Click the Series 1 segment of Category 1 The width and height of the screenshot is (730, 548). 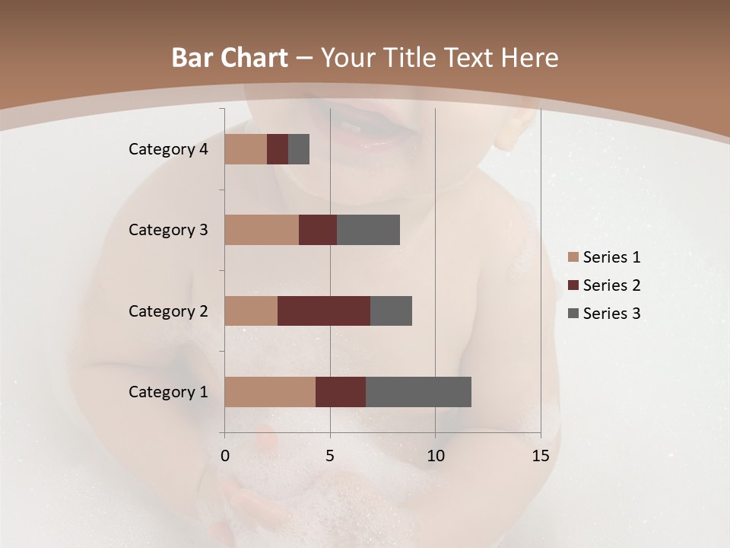tap(270, 392)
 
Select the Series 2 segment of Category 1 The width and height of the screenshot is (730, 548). tap(341, 392)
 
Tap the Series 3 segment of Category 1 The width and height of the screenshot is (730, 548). tap(418, 392)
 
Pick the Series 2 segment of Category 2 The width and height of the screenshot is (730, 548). tap(324, 311)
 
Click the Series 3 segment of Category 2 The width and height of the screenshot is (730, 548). tap(391, 311)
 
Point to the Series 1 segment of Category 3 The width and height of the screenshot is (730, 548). tap(262, 230)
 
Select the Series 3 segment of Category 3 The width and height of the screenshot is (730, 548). tap(368, 230)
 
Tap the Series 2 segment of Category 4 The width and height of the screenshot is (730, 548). tap(278, 149)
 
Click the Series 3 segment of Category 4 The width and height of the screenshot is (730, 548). tap(299, 149)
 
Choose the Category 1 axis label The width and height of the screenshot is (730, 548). tap(167, 392)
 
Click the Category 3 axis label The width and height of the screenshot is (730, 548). tap(167, 230)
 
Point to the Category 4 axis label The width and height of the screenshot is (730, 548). tap(167, 149)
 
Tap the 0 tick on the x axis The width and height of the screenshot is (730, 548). tap(225, 456)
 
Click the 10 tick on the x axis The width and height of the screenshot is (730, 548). tap(435, 456)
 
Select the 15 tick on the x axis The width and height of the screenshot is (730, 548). tap(540, 456)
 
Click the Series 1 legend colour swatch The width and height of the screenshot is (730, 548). tap(573, 257)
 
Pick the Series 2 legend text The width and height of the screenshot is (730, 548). tap(611, 285)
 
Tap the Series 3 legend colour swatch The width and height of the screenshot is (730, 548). tap(573, 314)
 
